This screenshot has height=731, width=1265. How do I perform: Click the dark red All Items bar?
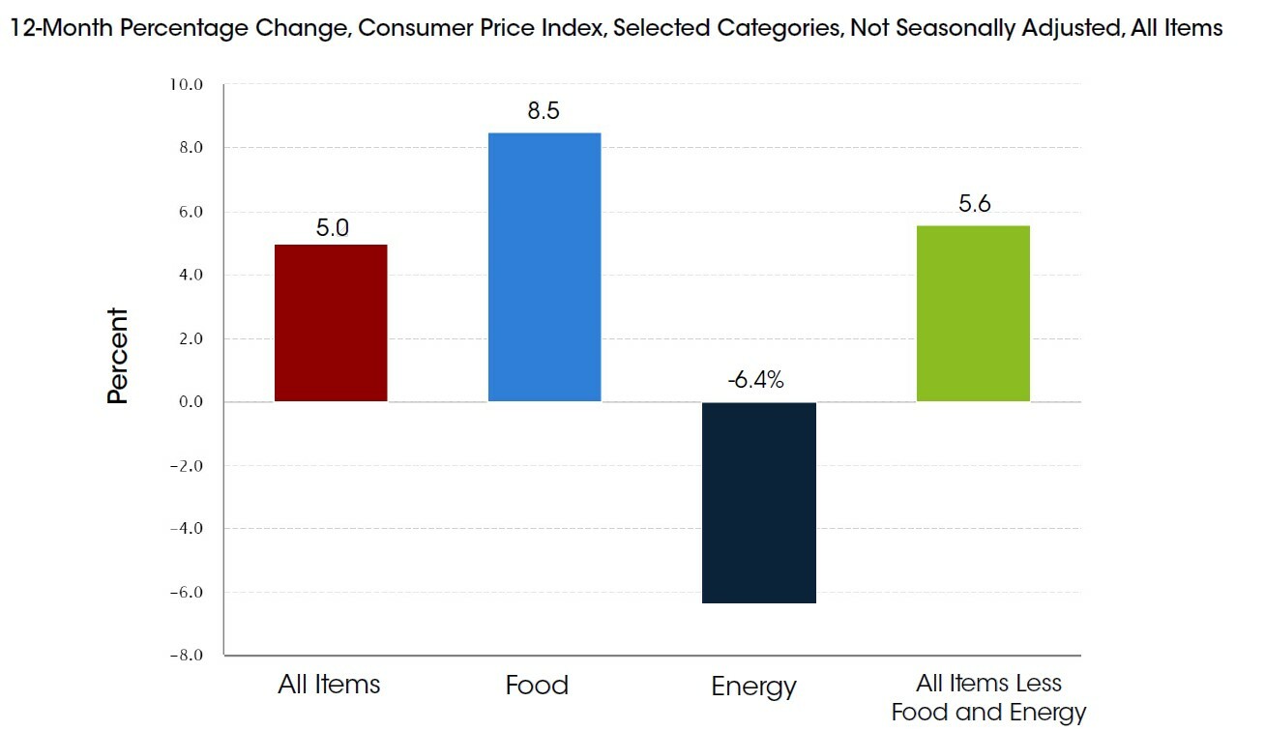coord(331,323)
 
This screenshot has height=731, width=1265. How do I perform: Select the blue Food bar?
coord(544,267)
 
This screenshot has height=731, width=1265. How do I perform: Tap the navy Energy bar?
coord(759,502)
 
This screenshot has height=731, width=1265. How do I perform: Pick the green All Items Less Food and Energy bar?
coord(973,313)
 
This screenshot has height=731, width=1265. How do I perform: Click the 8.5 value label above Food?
coord(544,111)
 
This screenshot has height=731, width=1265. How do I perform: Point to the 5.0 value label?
coord(332,228)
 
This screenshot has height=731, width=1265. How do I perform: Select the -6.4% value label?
coord(756,380)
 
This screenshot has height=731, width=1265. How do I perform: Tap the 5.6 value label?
coord(975,204)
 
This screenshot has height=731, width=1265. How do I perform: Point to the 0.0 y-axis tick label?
coord(188,402)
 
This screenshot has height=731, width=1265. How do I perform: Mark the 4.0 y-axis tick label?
coord(188,276)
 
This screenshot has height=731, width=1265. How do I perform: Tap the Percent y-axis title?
coord(118,355)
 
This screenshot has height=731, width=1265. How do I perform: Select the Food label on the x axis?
coord(537,686)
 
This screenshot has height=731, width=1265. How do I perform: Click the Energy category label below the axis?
coord(753,687)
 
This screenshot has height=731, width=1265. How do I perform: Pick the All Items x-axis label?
coord(329,686)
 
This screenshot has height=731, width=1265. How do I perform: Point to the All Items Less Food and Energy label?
coord(988,698)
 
